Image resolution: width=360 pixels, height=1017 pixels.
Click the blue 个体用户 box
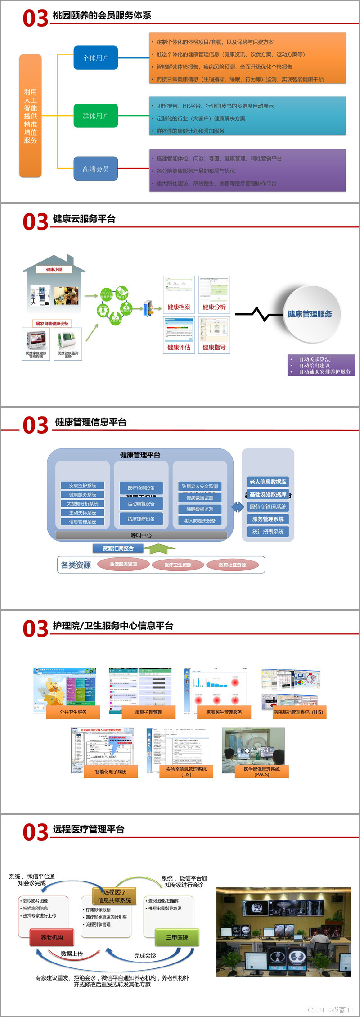(96, 58)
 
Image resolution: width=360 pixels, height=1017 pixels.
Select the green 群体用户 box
(96, 116)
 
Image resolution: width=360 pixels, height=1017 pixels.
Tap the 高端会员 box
(96, 169)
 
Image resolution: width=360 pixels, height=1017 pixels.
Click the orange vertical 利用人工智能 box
(31, 116)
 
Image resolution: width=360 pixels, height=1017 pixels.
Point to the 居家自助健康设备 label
(52, 323)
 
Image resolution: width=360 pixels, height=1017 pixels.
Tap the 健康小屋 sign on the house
(54, 270)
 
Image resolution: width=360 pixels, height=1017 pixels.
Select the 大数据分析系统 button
(83, 503)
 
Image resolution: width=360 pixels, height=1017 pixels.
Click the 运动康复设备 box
(141, 504)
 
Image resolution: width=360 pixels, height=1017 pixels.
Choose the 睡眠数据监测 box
(200, 509)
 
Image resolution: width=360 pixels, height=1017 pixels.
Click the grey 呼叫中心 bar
(141, 535)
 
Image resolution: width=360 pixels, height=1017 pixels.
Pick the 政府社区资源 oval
(232, 565)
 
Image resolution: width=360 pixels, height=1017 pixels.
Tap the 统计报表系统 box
(268, 532)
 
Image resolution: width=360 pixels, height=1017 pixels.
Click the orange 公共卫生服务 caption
(73, 712)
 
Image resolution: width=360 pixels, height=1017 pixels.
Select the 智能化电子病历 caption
(111, 772)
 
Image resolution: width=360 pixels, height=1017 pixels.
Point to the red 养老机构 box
(52, 937)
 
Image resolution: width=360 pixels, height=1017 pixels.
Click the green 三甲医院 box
(177, 937)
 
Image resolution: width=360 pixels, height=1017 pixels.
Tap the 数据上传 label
(72, 954)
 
